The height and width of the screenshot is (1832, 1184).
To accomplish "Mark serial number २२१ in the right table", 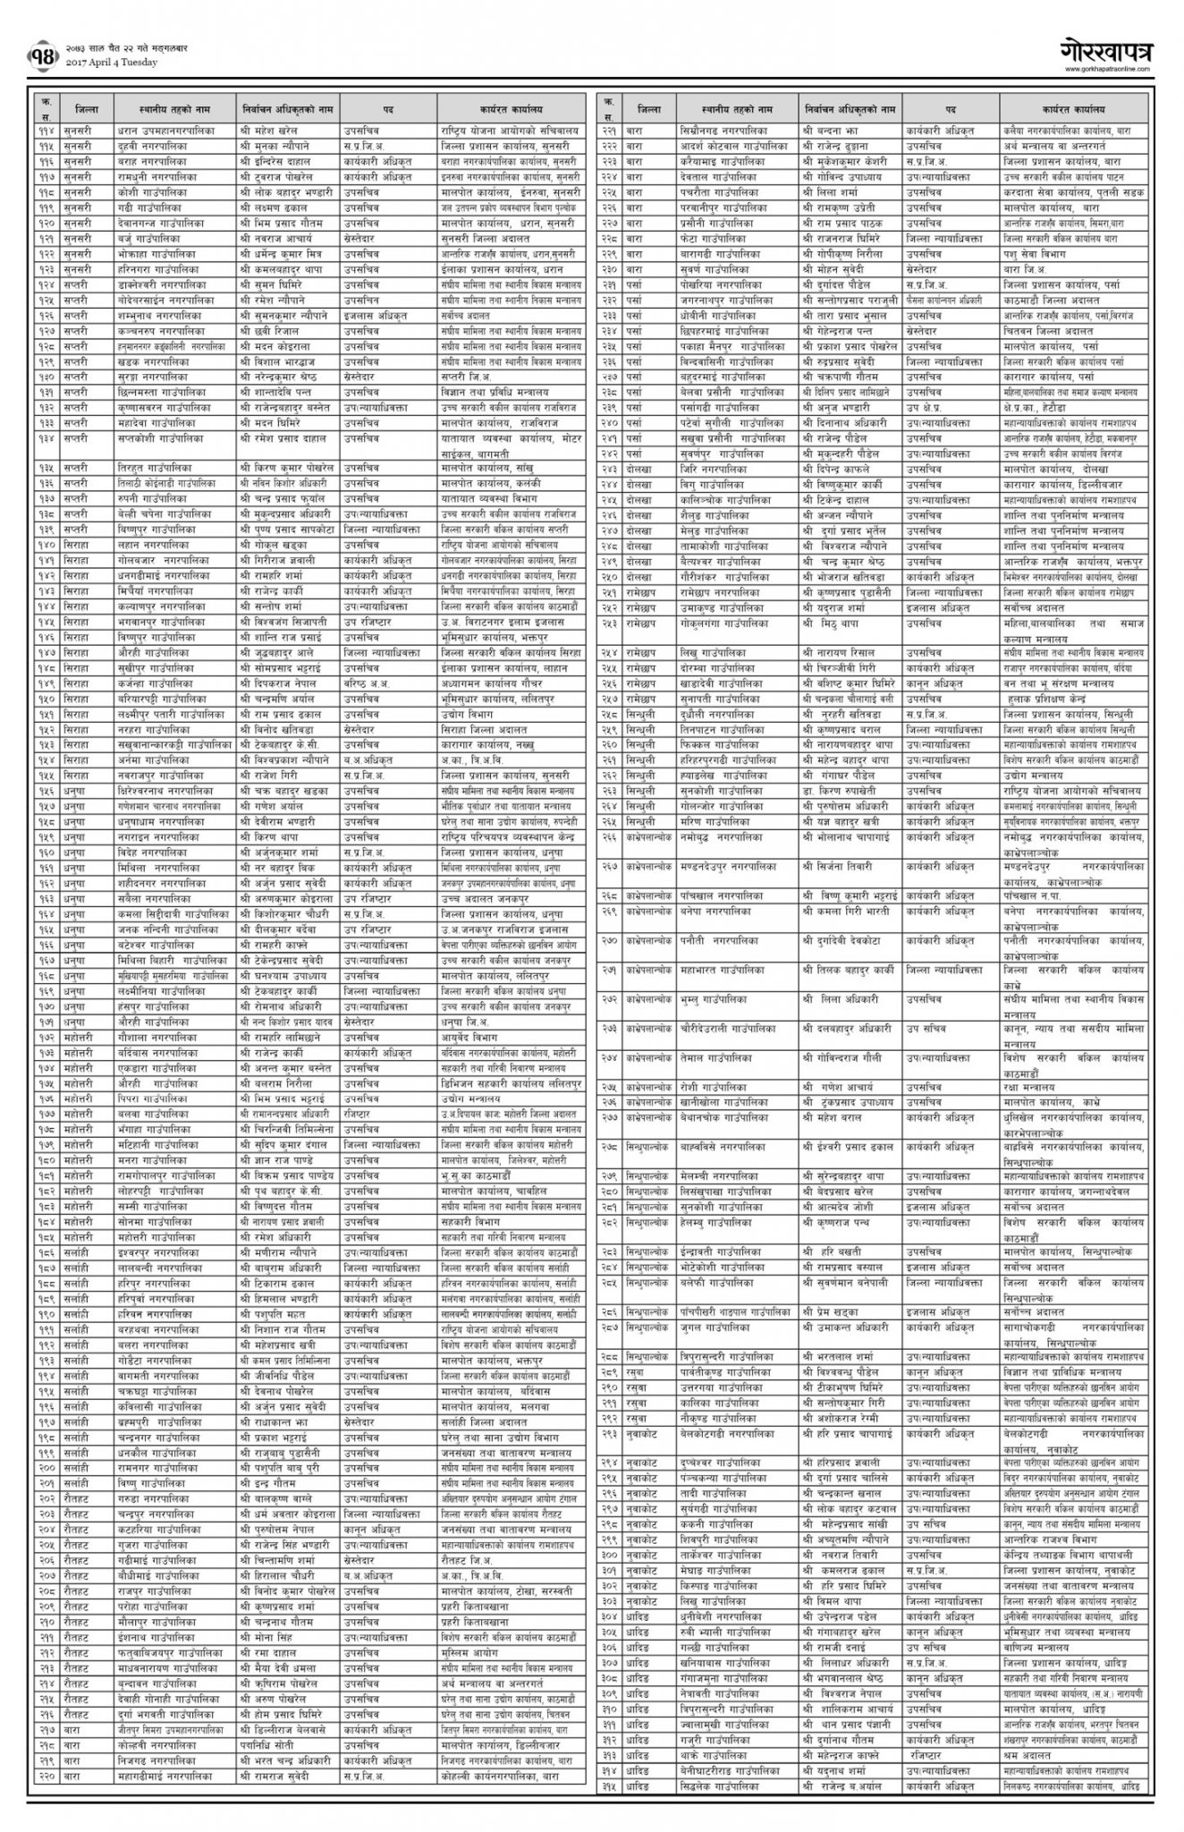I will pyautogui.click(x=608, y=131).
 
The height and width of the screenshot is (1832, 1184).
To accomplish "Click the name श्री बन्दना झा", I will pyautogui.click(x=831, y=131).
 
